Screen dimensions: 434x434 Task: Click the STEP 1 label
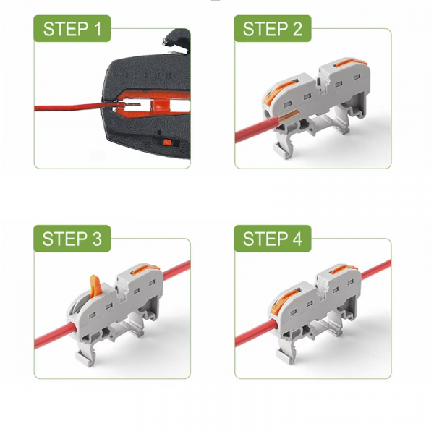click(72, 29)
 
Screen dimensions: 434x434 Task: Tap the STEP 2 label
click(273, 29)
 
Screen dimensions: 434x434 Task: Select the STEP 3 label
click(72, 239)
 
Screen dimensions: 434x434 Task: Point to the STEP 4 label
click(273, 239)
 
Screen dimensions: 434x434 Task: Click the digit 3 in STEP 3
click(97, 239)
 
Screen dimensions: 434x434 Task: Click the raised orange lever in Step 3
click(95, 286)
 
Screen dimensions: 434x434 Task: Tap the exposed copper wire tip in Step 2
click(289, 116)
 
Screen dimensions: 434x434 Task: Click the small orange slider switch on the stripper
click(167, 142)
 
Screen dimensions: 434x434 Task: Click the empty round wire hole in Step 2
click(268, 114)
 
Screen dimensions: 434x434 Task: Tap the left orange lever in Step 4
click(284, 299)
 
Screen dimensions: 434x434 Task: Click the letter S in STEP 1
click(49, 29)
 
